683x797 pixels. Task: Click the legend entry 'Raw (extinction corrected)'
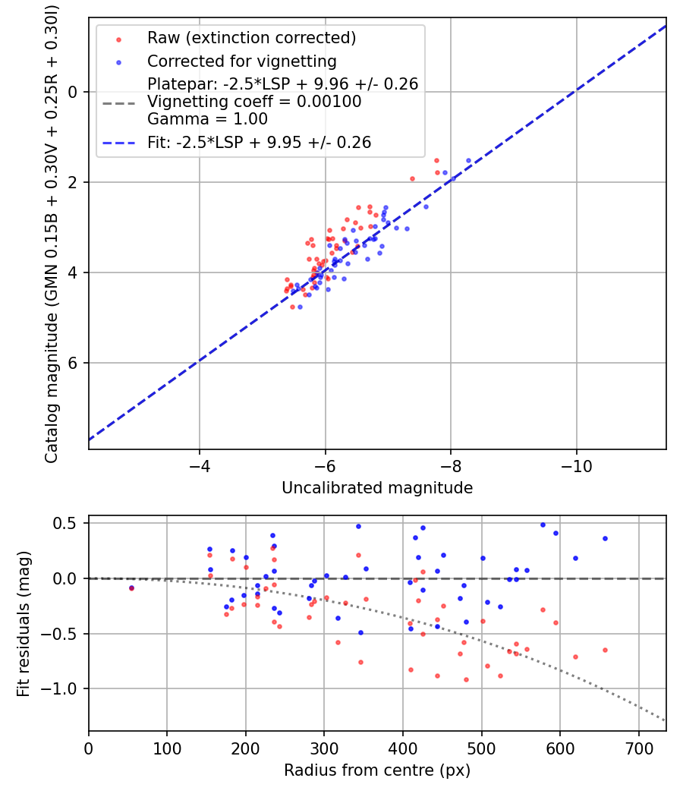point(251,38)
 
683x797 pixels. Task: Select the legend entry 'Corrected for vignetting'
point(241,61)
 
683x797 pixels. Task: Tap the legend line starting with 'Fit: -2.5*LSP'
point(259,142)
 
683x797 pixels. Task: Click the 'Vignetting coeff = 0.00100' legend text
point(254,102)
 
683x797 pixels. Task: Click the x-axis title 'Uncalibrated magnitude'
point(377,488)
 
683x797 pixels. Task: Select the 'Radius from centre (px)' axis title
point(377,770)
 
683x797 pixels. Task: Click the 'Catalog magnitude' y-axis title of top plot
point(52,232)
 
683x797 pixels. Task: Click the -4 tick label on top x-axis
point(200,462)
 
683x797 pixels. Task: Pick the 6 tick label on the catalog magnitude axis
point(73,363)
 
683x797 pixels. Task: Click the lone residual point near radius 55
point(131,588)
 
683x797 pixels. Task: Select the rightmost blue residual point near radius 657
point(605,538)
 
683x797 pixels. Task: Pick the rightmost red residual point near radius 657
point(605,650)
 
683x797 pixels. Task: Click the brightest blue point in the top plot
point(468,161)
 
